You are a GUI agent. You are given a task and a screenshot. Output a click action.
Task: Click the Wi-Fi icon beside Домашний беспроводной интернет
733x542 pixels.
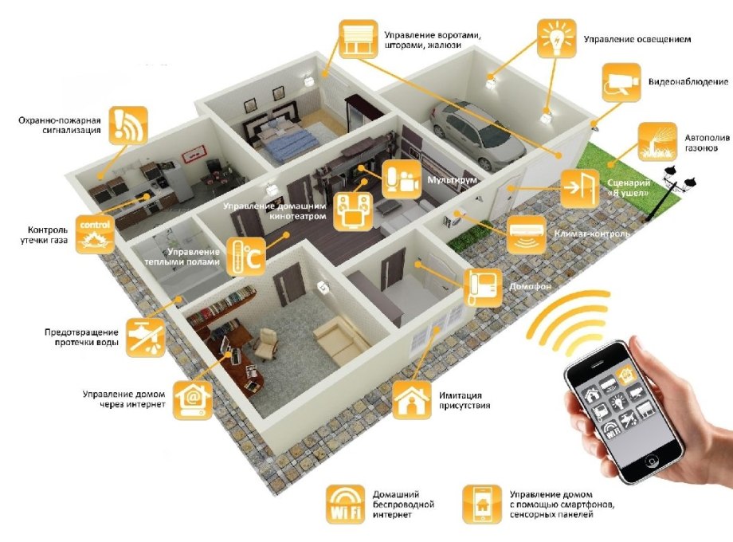[346, 504]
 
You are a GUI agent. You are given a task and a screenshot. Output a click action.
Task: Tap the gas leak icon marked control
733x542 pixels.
[95, 234]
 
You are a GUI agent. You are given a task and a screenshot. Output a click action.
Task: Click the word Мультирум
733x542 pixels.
[453, 181]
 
